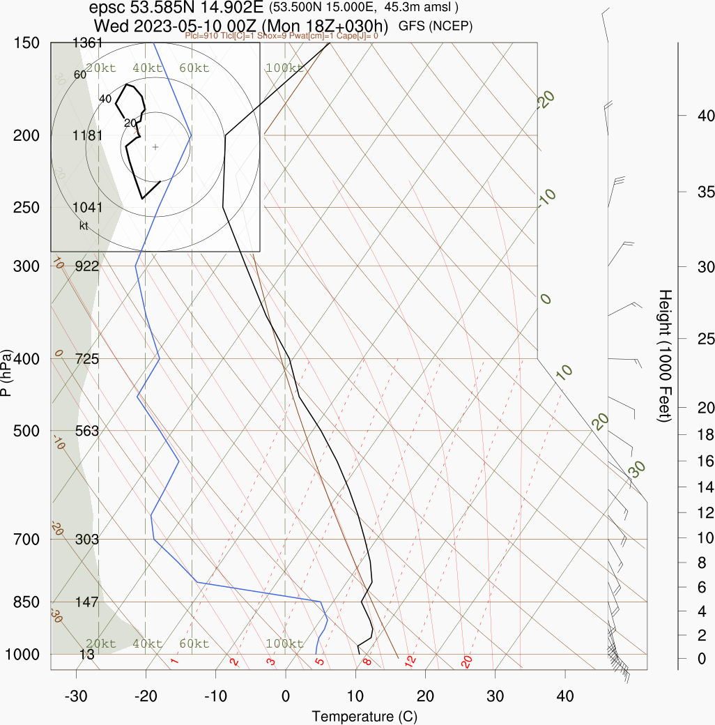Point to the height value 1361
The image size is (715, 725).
tap(87, 43)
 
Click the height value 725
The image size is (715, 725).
tap(87, 359)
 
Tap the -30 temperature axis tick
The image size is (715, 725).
tap(75, 696)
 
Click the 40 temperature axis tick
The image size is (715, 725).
tap(565, 696)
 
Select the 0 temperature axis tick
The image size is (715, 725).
tap(285, 696)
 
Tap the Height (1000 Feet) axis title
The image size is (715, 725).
tap(664, 356)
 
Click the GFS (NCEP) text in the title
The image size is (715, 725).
tap(436, 26)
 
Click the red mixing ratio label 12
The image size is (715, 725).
tap(410, 659)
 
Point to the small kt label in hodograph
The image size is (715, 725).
tap(84, 225)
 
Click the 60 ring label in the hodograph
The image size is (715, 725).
tap(79, 75)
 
